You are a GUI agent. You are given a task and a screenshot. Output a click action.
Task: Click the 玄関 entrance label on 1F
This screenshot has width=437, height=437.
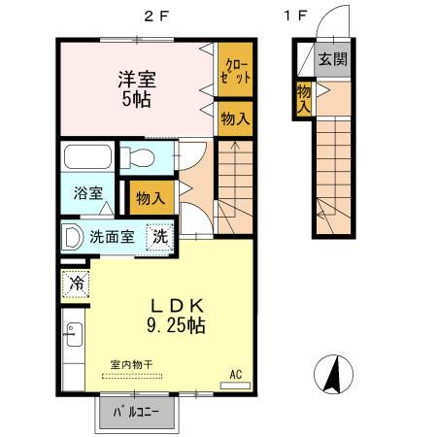point(333,59)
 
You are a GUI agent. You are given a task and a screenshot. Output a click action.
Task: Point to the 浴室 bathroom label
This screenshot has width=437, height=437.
point(88,192)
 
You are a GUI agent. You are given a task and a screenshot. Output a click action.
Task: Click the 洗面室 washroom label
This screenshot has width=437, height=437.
point(113,236)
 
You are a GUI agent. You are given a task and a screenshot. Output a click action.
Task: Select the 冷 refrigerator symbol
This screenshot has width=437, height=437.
point(76,285)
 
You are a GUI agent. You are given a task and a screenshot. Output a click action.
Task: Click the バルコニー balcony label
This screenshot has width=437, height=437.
point(137,413)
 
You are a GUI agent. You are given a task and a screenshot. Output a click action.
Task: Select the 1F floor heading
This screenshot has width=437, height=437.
point(295,16)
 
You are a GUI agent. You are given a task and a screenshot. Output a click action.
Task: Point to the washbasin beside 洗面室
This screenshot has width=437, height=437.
point(72,236)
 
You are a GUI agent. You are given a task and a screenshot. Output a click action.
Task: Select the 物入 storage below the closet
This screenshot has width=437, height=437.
point(234,119)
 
